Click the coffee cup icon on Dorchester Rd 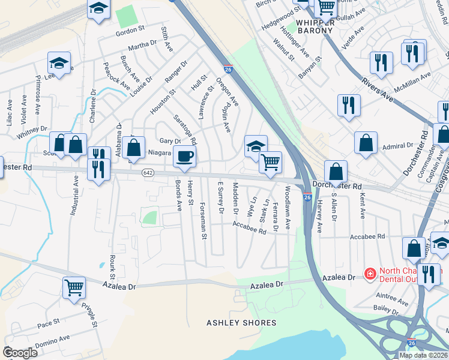point(184,156)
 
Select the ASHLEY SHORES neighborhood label point(242,323)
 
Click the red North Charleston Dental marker point(370,274)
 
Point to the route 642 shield point(148,173)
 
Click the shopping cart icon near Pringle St point(74,287)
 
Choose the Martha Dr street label point(142,45)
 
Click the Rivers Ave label point(376,89)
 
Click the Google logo point(20,353)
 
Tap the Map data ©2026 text point(424,355)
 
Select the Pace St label point(48,325)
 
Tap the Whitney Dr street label point(32,133)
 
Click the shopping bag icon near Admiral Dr point(366,143)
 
